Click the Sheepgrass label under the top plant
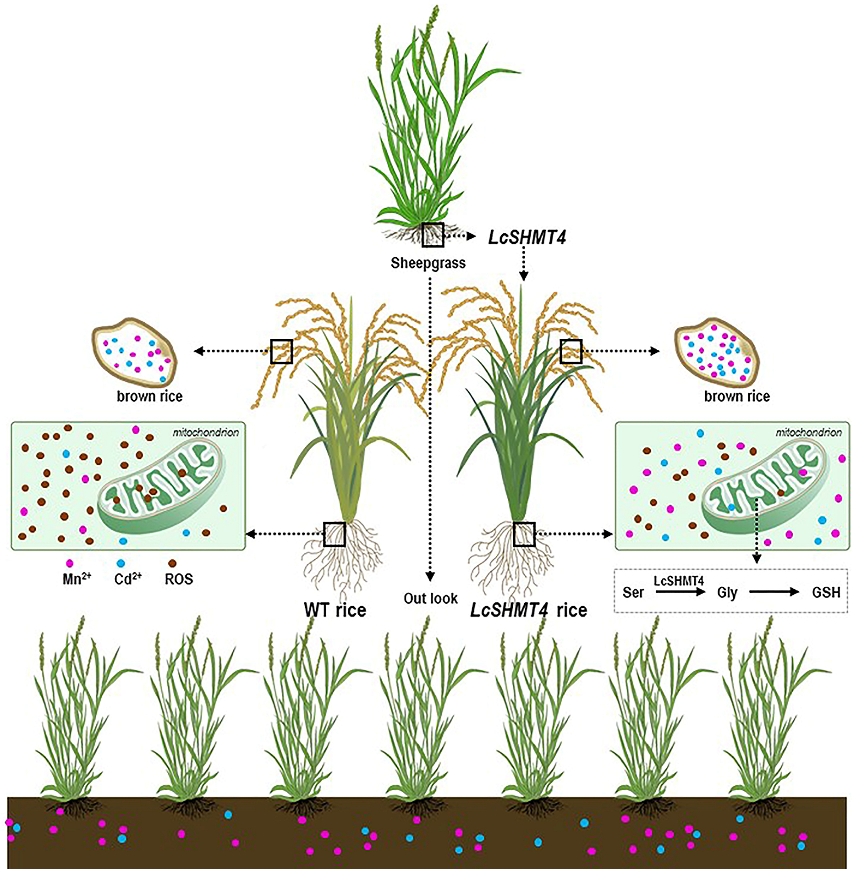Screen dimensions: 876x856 [x=428, y=263]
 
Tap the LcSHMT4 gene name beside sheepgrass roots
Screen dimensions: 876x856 [x=527, y=237]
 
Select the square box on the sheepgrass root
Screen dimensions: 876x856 [x=432, y=235]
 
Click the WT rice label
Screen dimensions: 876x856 [x=335, y=610]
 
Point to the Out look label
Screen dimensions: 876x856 [x=430, y=598]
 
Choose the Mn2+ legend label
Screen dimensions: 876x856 [x=77, y=579]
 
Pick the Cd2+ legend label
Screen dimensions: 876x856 [x=128, y=579]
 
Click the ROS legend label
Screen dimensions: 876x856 [x=179, y=579]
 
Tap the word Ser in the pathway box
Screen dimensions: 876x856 [x=633, y=592]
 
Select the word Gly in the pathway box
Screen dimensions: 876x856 [x=727, y=593]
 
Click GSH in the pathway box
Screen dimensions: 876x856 [x=826, y=592]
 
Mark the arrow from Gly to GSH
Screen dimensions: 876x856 [x=774, y=592]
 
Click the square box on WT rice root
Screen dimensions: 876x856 [x=334, y=534]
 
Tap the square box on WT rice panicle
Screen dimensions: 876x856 [x=281, y=352]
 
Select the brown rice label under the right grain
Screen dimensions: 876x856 [x=736, y=396]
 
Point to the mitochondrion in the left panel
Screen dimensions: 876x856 [x=160, y=486]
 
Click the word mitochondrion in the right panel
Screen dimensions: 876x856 [x=808, y=432]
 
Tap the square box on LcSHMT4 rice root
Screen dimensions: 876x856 [x=524, y=534]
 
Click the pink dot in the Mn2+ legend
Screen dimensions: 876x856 [x=70, y=563]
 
